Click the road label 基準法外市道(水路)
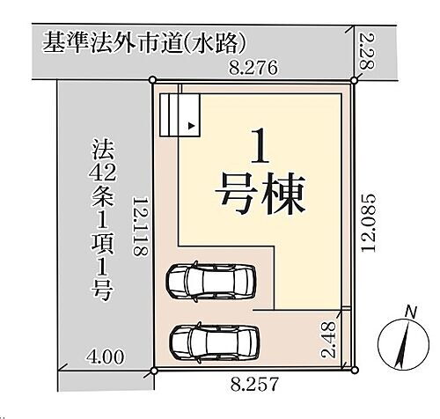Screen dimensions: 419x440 141,41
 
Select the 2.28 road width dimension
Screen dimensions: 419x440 368,52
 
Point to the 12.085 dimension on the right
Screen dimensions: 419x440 370,224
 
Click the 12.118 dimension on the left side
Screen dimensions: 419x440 138,226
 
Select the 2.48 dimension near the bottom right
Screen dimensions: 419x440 328,341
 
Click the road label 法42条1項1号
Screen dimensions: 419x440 99,220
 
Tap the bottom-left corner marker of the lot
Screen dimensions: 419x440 154,371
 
